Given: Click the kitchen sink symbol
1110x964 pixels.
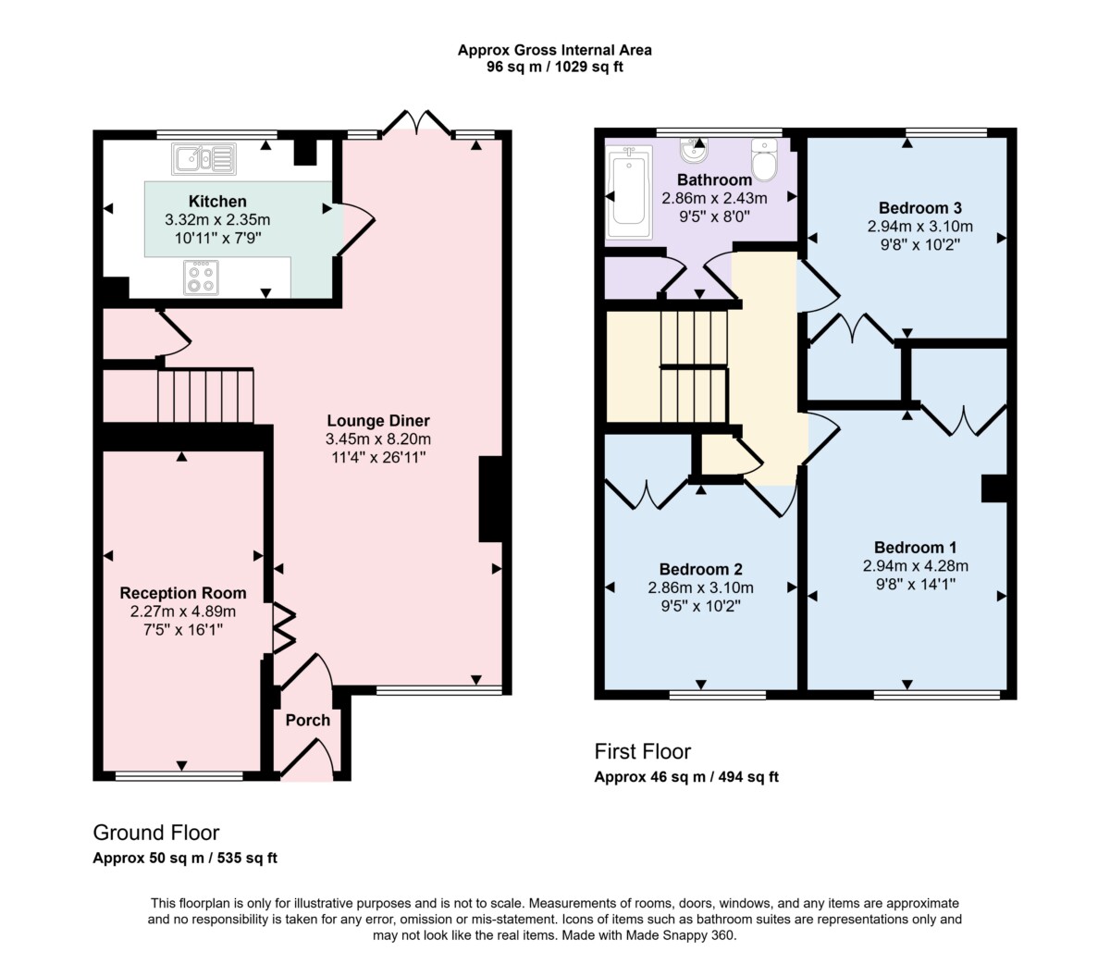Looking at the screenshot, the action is click(x=204, y=159).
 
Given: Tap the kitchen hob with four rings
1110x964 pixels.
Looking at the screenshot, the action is click(x=202, y=278).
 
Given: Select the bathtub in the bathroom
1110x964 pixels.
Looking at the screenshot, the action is click(x=629, y=195).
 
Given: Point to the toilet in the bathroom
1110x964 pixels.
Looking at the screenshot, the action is click(x=764, y=158).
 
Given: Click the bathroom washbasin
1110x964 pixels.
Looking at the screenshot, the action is click(x=694, y=150).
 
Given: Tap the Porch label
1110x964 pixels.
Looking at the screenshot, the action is click(x=308, y=721).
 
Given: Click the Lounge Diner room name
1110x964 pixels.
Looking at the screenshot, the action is click(x=378, y=420).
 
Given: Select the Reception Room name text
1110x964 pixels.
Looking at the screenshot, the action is click(x=183, y=593).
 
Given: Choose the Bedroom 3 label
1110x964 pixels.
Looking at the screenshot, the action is click(x=920, y=208).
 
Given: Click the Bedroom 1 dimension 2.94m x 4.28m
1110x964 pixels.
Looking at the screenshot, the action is click(x=915, y=566).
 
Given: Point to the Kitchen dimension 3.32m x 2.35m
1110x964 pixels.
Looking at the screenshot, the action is click(x=217, y=219).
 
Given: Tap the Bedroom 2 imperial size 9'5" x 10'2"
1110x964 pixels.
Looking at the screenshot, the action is click(x=700, y=606).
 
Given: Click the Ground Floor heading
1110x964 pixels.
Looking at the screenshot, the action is click(x=156, y=833).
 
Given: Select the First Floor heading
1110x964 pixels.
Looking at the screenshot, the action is click(x=642, y=751).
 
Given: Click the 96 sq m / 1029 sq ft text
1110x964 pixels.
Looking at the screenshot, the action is click(x=554, y=67).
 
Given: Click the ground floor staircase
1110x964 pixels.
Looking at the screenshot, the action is click(x=205, y=395).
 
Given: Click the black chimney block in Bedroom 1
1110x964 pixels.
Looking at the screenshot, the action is click(x=994, y=488).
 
